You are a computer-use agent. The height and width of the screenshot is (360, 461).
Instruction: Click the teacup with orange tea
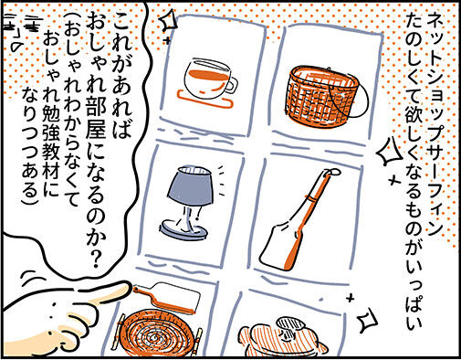207,79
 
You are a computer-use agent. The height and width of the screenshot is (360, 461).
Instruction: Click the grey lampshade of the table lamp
190,185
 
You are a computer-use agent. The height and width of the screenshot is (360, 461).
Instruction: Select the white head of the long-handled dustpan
278,245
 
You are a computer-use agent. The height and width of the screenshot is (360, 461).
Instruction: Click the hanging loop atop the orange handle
332,173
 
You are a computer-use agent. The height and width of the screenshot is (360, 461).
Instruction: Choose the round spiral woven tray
158,333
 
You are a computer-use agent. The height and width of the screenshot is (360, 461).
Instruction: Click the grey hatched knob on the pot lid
290,323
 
